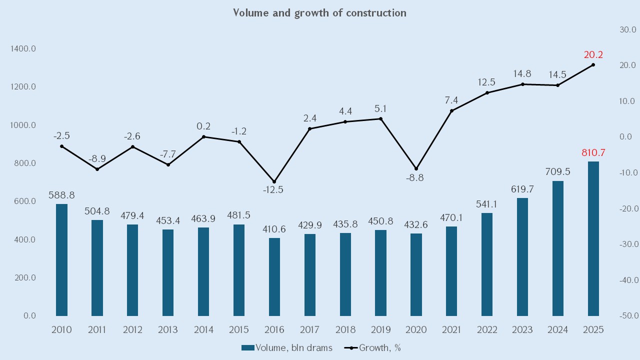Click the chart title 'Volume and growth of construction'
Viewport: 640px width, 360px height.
point(319,13)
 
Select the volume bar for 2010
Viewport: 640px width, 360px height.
point(61,260)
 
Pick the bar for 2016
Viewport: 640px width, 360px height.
point(274,277)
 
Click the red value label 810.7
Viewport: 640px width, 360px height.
point(593,153)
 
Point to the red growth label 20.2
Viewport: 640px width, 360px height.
point(593,55)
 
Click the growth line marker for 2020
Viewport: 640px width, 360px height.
point(416,168)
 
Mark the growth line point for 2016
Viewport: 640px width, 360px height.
point(274,181)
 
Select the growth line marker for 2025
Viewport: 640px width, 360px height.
point(593,65)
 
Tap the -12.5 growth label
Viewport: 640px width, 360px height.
point(274,190)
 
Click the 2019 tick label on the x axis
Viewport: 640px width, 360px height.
point(380,330)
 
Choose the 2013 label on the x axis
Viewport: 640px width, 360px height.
point(168,330)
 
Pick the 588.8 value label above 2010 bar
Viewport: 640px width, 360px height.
point(61,195)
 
